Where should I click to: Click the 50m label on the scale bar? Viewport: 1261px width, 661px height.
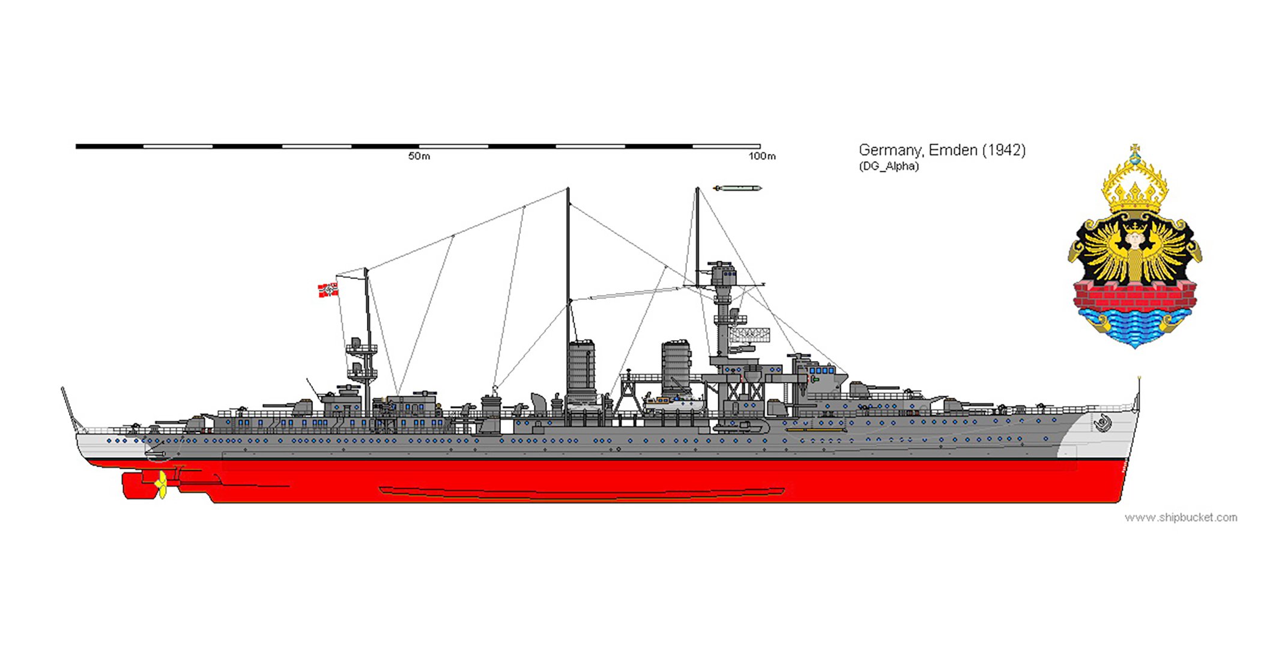coord(419,156)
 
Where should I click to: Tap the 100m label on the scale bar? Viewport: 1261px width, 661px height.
coord(761,156)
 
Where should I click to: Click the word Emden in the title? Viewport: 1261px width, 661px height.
coord(953,150)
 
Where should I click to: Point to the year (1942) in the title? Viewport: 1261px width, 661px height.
coord(1003,150)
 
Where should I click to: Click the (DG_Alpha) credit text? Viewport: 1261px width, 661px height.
coord(888,166)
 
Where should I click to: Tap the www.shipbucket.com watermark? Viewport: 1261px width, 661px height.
coord(1181,517)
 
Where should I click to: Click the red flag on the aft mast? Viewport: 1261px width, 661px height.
coord(328,290)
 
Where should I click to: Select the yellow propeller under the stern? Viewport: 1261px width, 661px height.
coord(161,484)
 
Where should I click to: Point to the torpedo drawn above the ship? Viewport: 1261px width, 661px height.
coord(737,189)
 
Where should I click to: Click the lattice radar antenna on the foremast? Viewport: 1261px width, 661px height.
coord(749,334)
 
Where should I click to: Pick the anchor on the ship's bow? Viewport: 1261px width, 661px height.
coord(1102,423)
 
